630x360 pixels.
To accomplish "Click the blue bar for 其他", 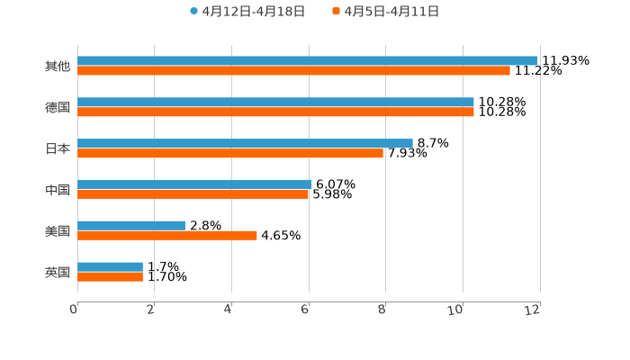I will coord(307,61).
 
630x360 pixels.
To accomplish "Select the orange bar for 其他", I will coord(293,71).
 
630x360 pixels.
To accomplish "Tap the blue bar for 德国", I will coord(275,103).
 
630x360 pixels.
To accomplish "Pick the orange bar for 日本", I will coord(230,154).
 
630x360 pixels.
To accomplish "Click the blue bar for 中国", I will coord(194,184).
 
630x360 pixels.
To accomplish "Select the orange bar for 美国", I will coord(167,236).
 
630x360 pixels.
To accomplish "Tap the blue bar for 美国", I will coord(131,226).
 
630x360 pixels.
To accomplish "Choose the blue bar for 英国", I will coord(110,267).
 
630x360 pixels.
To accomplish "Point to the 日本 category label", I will coord(58,148).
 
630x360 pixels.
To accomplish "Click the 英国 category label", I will coord(58,272).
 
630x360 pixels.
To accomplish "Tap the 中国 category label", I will coord(58,190).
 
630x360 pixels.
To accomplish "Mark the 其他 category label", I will coord(58,67).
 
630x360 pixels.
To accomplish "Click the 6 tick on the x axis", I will coord(306,310).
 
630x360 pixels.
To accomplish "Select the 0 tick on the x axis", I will coord(75,310).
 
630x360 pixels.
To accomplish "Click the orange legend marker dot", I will coord(336,12).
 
